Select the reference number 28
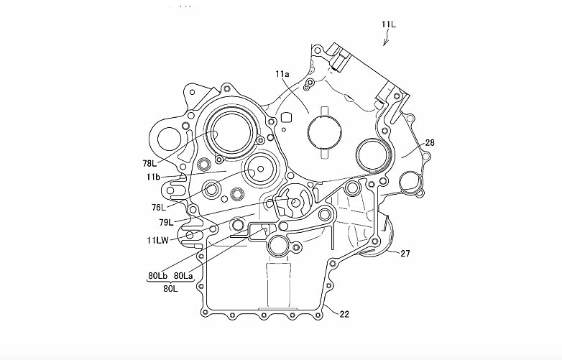(430, 143)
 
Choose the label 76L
(159, 207)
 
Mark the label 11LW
(158, 240)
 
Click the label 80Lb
(157, 274)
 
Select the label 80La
(183, 274)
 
